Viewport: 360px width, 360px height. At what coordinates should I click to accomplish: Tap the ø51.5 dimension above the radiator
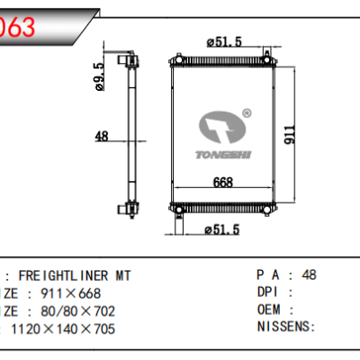[224, 42]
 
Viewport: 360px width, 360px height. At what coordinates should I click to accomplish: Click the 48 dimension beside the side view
[102, 137]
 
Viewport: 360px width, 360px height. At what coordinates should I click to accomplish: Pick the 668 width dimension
[224, 183]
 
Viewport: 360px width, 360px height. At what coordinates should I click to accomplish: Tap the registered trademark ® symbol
[247, 114]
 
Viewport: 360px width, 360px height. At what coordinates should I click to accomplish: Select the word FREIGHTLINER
[59, 276]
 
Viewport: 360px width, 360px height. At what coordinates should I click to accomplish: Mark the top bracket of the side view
[133, 64]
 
